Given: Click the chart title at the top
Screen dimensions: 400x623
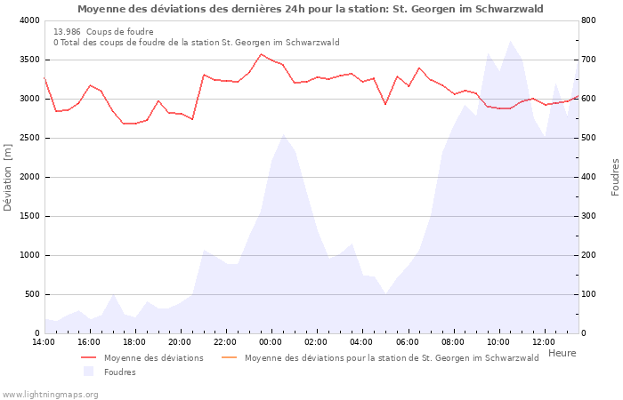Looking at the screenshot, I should tap(311, 9).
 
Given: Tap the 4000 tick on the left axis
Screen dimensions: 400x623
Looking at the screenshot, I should tap(28, 20).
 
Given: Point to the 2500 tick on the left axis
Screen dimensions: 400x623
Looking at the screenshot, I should tap(28, 138).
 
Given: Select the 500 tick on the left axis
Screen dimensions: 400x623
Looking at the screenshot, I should tap(30, 294).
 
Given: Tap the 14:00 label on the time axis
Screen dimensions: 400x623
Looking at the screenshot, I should tap(44, 341).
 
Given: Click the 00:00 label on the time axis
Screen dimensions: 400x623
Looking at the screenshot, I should tap(271, 341).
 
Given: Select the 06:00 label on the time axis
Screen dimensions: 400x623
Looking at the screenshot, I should tap(408, 341).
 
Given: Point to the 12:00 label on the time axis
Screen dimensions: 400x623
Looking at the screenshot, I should tap(544, 341).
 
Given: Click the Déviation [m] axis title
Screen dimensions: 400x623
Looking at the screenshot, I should tap(9, 177).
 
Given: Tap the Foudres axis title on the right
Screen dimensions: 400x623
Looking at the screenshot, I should tap(615, 177).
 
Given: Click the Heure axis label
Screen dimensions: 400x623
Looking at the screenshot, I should tap(562, 353).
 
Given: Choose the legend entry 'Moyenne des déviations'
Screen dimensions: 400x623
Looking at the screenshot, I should tap(153, 358).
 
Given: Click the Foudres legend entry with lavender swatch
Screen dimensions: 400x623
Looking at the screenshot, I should tap(119, 372).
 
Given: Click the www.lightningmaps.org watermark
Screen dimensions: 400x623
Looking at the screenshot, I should tap(50, 394).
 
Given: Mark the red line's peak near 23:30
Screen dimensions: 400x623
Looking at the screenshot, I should tap(261, 54).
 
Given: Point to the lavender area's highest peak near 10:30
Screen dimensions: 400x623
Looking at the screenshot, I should tap(510, 41).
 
